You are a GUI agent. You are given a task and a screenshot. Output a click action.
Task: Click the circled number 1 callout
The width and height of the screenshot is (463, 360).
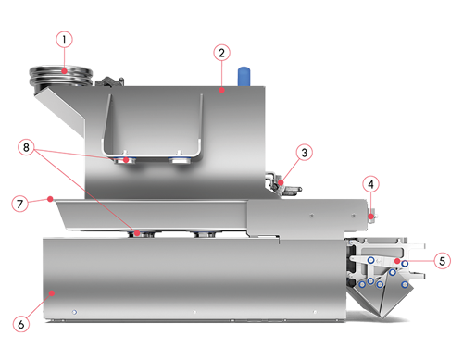click(64, 40)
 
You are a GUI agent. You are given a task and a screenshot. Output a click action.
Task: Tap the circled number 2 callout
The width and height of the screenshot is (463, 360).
click(221, 53)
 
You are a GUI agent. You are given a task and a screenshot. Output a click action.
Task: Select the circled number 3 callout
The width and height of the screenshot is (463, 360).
click(305, 153)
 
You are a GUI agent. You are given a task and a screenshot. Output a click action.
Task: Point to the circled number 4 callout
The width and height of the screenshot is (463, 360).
click(370, 184)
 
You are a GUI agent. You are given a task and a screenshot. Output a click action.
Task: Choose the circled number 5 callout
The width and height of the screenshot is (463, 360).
click(442, 261)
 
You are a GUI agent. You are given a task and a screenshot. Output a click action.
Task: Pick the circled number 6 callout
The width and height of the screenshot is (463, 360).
click(21, 324)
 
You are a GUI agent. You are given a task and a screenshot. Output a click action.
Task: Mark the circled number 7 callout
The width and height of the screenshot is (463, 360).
click(19, 204)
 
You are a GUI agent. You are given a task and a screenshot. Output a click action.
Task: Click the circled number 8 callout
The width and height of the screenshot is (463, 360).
click(26, 147)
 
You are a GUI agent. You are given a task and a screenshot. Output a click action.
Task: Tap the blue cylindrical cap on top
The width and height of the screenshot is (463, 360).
click(244, 76)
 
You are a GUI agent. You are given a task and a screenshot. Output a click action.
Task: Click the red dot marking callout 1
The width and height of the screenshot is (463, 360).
click(64, 71)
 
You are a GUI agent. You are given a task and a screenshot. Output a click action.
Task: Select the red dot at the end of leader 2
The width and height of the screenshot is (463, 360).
click(221, 90)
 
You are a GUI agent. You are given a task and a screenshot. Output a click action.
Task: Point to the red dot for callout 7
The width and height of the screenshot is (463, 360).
click(50, 199)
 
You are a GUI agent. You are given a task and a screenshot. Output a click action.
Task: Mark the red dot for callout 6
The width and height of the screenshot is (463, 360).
click(52, 292)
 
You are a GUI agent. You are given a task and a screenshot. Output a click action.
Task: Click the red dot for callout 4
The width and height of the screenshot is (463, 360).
click(370, 217)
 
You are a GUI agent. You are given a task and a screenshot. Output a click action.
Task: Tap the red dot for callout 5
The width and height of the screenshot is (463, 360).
click(397, 261)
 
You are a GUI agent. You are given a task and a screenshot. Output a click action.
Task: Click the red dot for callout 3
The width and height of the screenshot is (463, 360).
click(281, 182)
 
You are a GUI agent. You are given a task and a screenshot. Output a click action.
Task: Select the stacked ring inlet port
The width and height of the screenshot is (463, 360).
click(61, 76)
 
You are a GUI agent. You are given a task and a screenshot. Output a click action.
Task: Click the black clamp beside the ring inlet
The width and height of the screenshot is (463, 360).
click(109, 81)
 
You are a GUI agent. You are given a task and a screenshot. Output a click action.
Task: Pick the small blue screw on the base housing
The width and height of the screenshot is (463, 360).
click(74, 312)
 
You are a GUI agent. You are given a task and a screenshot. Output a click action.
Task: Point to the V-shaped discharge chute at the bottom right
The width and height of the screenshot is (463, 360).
click(382, 299)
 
